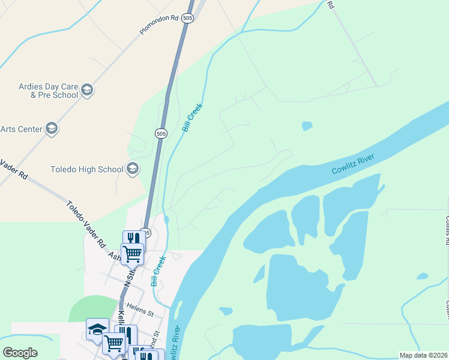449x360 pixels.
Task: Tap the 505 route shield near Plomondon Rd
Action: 188,18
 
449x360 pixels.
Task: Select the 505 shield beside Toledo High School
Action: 160,133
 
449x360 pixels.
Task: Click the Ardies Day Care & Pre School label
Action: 47,91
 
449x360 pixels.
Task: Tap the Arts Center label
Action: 22,129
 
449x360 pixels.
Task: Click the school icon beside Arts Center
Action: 52,128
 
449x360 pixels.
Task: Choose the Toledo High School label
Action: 87,169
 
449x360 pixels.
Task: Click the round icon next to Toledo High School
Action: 133,169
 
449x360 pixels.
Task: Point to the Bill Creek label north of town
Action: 193,118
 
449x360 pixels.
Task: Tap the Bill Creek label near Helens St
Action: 158,271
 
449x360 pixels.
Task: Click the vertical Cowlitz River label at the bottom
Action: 175,343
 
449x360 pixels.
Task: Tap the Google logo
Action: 20,353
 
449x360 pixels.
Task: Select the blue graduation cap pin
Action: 97,329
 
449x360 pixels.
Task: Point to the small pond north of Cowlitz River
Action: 307,126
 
